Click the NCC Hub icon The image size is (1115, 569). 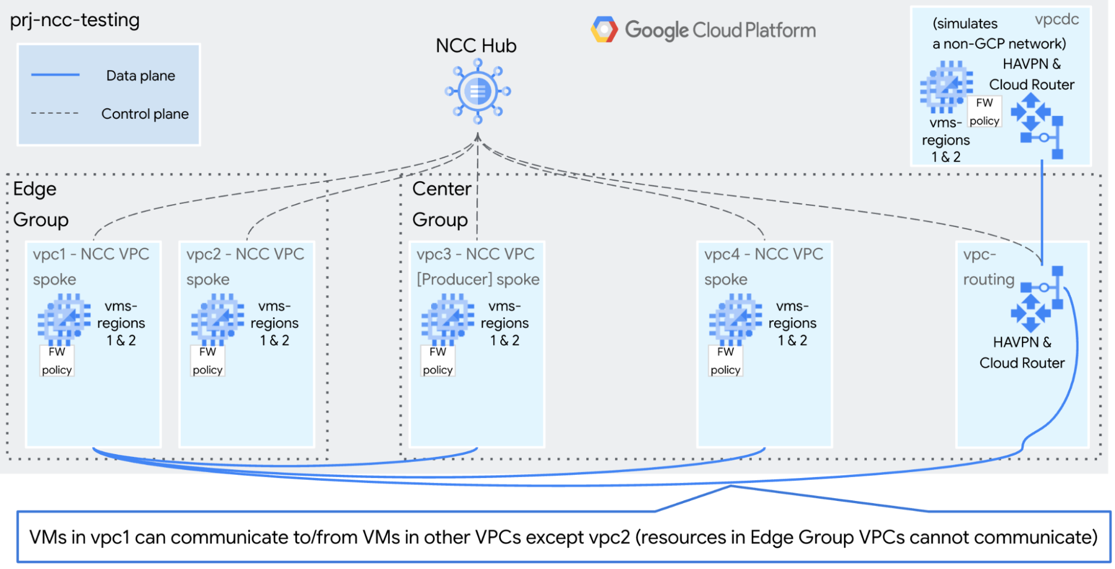pyautogui.click(x=477, y=91)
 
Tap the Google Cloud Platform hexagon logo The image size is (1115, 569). pyautogui.click(x=604, y=30)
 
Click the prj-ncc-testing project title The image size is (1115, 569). pyautogui.click(x=75, y=20)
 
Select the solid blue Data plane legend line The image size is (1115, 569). pyautogui.click(x=55, y=75)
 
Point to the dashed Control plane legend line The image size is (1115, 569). pyautogui.click(x=55, y=113)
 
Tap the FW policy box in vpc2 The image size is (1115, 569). pyautogui.click(x=207, y=361)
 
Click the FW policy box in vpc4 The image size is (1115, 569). pyautogui.click(x=725, y=361)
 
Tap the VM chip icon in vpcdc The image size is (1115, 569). pyautogui.click(x=946, y=86)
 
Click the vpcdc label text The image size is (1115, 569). pyautogui.click(x=1056, y=20)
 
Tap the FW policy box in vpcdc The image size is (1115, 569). pyautogui.click(x=984, y=112)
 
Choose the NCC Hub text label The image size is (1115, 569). pyautogui.click(x=476, y=46)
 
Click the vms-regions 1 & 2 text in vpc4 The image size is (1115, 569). pyautogui.click(x=792, y=323)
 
